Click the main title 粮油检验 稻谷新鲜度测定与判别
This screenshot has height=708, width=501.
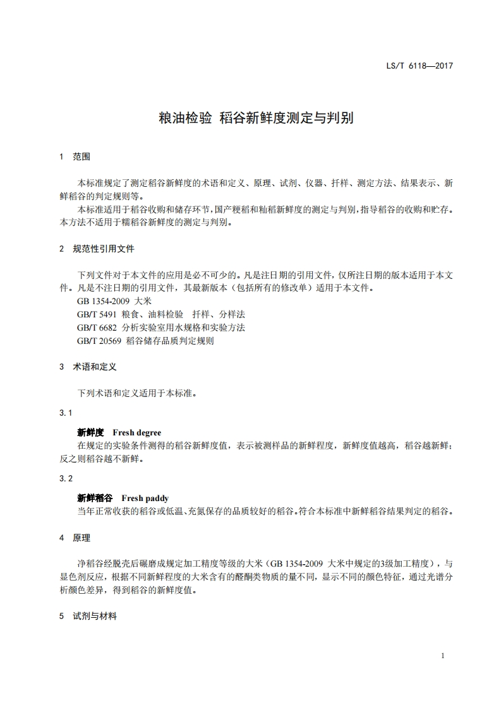click(256, 118)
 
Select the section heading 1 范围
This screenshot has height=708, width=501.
click(75, 156)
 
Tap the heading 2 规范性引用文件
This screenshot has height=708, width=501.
click(97, 249)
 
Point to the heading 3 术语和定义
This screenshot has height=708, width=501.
click(88, 367)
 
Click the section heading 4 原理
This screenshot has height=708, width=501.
click(75, 538)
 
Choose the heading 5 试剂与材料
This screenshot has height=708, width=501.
click(88, 616)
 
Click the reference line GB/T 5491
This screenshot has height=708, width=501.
click(161, 314)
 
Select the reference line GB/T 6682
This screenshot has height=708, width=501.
click(161, 327)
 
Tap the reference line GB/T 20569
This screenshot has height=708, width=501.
click(145, 341)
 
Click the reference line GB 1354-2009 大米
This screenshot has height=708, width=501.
click(111, 302)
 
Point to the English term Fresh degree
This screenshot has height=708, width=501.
click(136, 433)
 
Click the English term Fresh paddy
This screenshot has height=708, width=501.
click(145, 498)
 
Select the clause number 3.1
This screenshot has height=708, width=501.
click(66, 413)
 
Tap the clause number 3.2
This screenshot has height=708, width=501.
click(66, 478)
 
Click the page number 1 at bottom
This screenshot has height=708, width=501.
click(442, 656)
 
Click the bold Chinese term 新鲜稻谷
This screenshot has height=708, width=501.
click(95, 498)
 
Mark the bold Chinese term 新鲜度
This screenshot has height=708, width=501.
click(90, 433)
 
